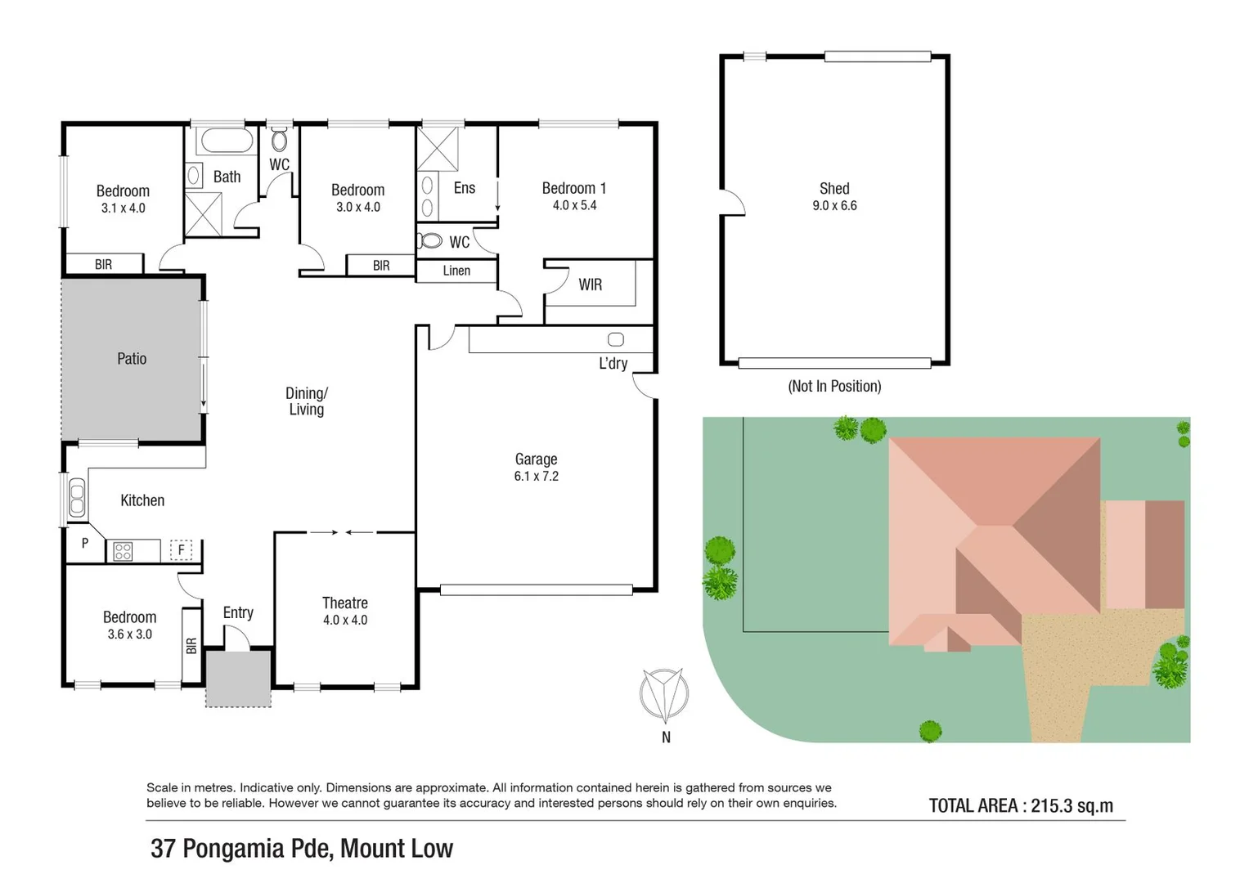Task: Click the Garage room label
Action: [x=536, y=459]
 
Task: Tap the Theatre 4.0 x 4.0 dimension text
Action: [x=344, y=621]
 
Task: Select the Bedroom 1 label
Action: [x=573, y=188]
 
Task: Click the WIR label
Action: [x=590, y=285]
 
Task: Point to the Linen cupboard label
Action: [x=456, y=271]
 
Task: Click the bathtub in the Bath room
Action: [x=227, y=141]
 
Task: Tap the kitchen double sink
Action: [x=77, y=499]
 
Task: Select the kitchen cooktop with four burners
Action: [x=123, y=552]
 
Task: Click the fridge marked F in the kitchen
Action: [x=182, y=550]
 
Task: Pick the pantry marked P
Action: [x=84, y=544]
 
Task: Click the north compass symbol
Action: [x=664, y=696]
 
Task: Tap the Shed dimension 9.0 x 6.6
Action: [x=834, y=206]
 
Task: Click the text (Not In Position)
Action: [x=834, y=386]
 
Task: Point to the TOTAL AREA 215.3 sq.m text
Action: [x=1021, y=805]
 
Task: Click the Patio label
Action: [x=132, y=358]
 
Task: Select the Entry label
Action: [x=238, y=612]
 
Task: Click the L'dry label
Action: [x=613, y=363]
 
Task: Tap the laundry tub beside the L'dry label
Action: [x=616, y=339]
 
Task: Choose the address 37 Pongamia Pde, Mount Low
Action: [x=302, y=849]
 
